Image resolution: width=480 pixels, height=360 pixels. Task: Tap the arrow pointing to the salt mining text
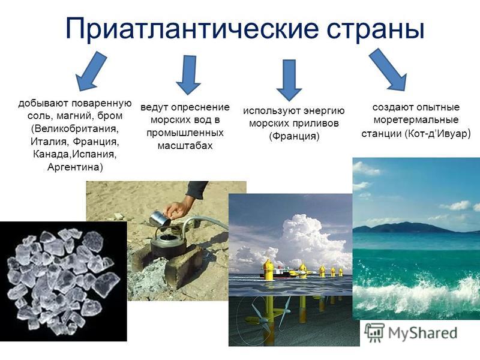click(91, 71)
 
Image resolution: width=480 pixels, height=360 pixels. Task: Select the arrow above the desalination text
click(188, 74)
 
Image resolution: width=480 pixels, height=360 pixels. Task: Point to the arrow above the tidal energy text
click(289, 80)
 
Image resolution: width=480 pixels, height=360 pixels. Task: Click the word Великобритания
click(75, 128)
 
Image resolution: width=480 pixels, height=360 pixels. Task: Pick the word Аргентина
click(76, 167)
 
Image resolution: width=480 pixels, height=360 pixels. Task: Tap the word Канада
click(52, 154)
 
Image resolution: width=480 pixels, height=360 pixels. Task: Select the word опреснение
click(200, 107)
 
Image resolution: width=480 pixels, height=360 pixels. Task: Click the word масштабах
click(185, 145)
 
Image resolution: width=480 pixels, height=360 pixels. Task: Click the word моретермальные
click(416, 119)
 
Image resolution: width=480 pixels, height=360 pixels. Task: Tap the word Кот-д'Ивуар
click(437, 134)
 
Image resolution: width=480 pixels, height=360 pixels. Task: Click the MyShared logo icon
click(374, 332)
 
